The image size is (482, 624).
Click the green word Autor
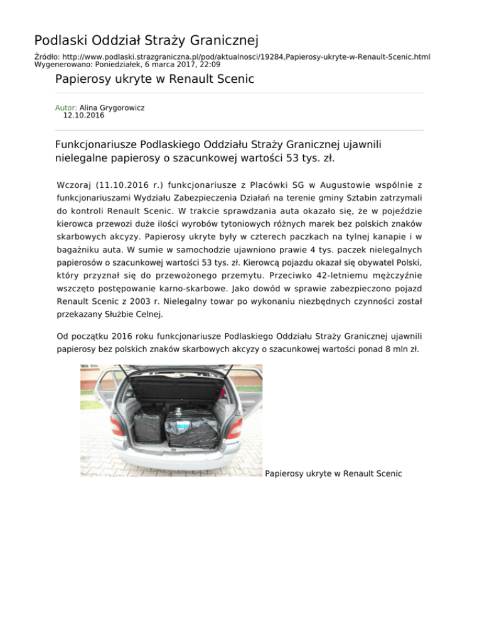[x=66, y=108]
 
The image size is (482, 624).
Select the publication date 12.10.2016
[x=84, y=116]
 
